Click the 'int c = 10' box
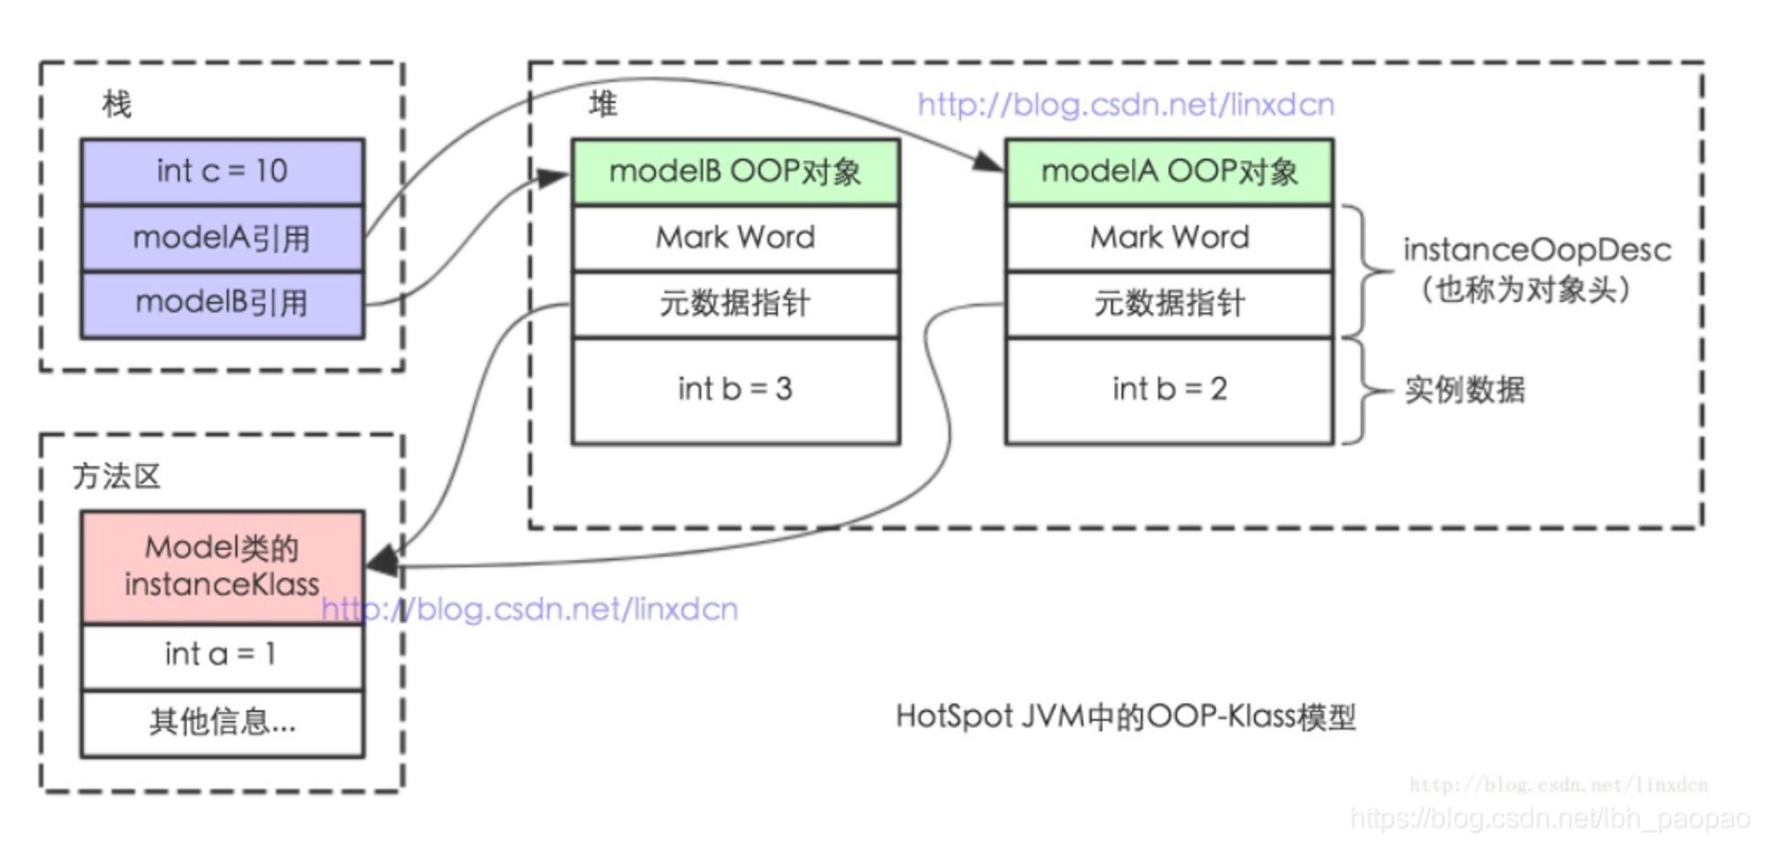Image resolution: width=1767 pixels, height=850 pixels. [x=223, y=171]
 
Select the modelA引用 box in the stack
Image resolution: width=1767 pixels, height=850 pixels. [x=223, y=238]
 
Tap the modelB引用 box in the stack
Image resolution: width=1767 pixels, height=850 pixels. [x=223, y=304]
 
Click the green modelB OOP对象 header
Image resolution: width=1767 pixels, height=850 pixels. [x=735, y=171]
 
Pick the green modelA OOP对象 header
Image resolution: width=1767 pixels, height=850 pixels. [x=1169, y=171]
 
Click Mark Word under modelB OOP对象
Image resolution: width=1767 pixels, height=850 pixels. [x=735, y=238]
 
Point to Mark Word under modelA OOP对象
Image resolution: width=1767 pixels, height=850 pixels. [x=1169, y=238]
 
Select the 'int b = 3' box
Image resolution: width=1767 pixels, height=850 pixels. [x=735, y=390]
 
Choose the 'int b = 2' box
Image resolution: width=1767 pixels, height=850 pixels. [x=1169, y=390]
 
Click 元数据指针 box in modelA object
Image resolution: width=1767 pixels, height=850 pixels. [x=1169, y=304]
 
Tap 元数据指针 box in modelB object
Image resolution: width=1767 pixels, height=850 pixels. [x=735, y=304]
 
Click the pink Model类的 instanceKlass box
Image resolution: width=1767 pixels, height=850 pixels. [x=223, y=566]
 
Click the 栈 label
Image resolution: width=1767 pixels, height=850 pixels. [x=117, y=104]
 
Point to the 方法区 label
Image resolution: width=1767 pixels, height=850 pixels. [x=117, y=476]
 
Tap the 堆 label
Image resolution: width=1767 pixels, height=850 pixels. [x=603, y=104]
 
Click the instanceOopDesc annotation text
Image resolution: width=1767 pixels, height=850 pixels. [x=1536, y=250]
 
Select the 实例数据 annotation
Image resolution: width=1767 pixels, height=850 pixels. [x=1465, y=390]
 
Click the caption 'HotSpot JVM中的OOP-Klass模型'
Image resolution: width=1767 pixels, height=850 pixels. [x=1126, y=717]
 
